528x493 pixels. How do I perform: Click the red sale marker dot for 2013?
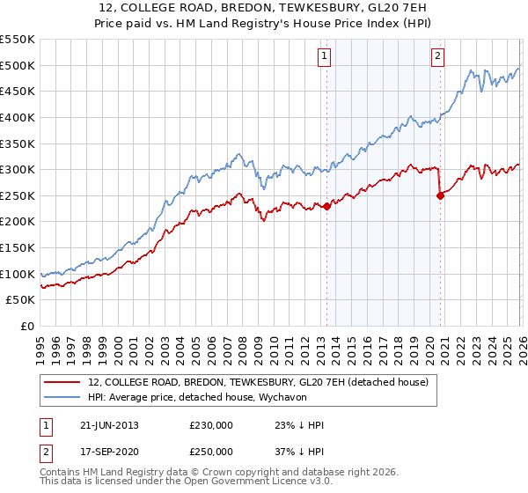(327, 206)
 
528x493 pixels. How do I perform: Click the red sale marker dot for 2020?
(440, 195)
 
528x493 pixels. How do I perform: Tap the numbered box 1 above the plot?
(325, 57)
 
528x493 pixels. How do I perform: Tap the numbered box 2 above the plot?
(437, 57)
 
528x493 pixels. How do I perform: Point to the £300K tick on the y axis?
(18, 169)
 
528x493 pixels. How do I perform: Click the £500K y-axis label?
(18, 65)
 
